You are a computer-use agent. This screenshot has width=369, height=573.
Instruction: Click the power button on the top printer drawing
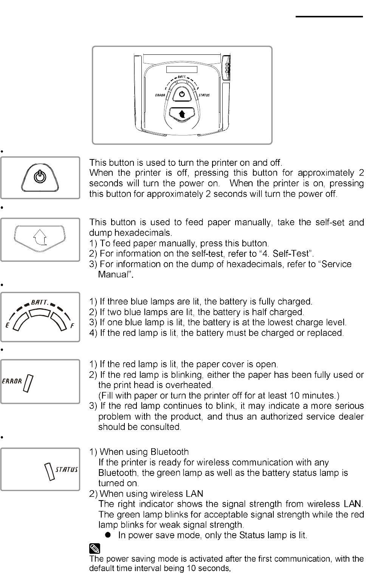click(182, 94)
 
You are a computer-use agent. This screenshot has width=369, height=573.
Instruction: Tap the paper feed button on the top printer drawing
click(182, 113)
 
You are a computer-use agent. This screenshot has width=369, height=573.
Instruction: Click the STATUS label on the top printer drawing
click(204, 95)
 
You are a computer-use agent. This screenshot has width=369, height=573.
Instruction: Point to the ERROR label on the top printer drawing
click(160, 95)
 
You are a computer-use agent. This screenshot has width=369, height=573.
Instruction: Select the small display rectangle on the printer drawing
click(182, 70)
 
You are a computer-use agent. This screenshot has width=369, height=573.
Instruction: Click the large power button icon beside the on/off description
click(40, 177)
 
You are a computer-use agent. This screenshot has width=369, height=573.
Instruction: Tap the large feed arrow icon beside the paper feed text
click(40, 238)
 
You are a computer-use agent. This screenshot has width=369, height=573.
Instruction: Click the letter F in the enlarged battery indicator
click(72, 326)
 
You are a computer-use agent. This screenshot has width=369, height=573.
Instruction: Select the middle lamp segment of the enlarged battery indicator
click(40, 313)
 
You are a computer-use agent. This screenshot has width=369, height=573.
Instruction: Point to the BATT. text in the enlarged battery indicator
click(39, 302)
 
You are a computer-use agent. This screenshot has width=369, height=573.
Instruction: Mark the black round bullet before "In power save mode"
click(108, 535)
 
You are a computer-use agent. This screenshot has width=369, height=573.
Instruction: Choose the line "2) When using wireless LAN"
click(146, 494)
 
